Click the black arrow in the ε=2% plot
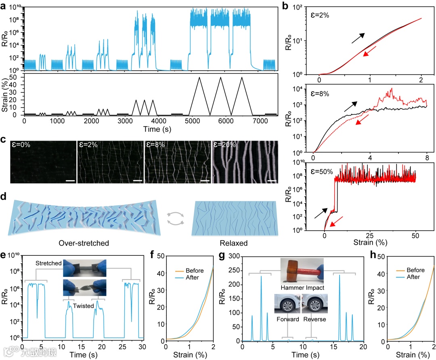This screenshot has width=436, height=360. coord(358,38)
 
